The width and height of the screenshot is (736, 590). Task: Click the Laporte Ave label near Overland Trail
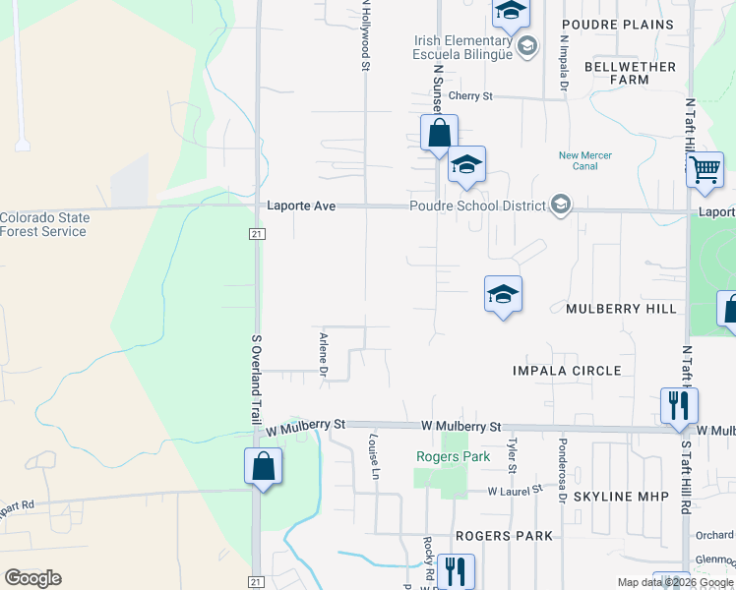pyautogui.click(x=302, y=206)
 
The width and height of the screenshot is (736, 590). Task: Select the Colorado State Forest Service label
pyautogui.click(x=43, y=225)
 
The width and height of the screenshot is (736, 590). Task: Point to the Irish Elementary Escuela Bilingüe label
pyautogui.click(x=462, y=47)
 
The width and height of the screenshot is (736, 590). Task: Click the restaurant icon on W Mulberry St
pyautogui.click(x=679, y=405)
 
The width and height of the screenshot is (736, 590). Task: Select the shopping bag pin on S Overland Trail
pyautogui.click(x=263, y=465)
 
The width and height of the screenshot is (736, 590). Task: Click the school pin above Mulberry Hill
pyautogui.click(x=502, y=293)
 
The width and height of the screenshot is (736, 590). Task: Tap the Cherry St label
pyautogui.click(x=469, y=96)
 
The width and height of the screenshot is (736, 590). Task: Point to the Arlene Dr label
pyautogui.click(x=322, y=354)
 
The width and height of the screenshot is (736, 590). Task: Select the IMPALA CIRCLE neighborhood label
pyautogui.click(x=567, y=371)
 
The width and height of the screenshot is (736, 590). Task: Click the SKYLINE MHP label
pyautogui.click(x=615, y=497)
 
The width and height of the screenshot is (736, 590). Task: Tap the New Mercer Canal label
pyautogui.click(x=585, y=160)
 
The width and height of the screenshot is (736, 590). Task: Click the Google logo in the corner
pyautogui.click(x=32, y=578)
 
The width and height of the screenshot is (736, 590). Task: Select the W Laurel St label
pyautogui.click(x=516, y=490)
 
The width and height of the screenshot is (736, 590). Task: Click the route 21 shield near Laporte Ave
pyautogui.click(x=256, y=233)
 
